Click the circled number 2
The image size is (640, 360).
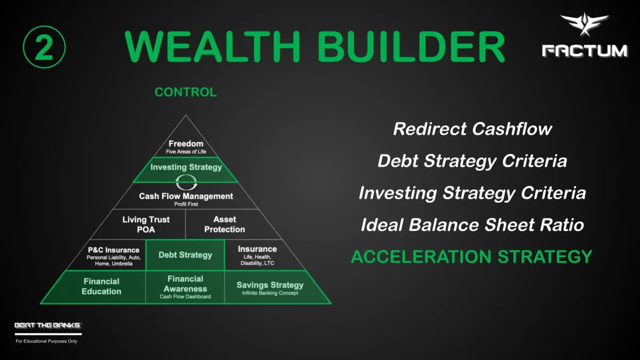[x=44, y=47]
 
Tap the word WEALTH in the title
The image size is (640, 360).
[x=212, y=46]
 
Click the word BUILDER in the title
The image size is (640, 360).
[x=411, y=46]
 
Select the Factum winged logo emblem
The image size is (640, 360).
[x=585, y=25]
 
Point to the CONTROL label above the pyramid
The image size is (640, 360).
[x=186, y=92]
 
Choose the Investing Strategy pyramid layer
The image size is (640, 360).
[x=186, y=170]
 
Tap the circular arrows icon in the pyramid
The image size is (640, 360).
[x=186, y=182]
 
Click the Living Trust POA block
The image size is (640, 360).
[x=146, y=225]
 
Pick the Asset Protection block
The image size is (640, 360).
[x=225, y=225]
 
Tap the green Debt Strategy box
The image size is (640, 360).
[x=186, y=255]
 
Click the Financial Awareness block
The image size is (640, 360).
[x=185, y=287]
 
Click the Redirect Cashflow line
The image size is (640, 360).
[x=473, y=129]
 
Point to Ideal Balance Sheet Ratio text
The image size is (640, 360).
[x=473, y=225]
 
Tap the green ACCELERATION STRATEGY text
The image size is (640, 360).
[x=471, y=257]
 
